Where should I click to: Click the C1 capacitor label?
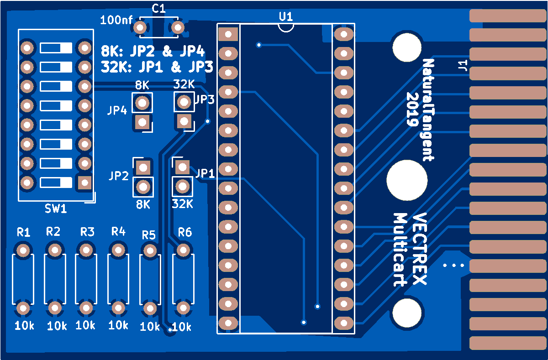(x=158, y=8)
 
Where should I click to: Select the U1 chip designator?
(x=286, y=16)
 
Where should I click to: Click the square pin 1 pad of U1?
(x=228, y=34)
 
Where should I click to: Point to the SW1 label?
(x=56, y=209)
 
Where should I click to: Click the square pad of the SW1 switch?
(x=84, y=183)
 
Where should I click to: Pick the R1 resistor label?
(x=23, y=232)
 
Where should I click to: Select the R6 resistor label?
(x=184, y=233)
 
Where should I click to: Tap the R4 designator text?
(x=118, y=231)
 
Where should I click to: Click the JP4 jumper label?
(x=117, y=110)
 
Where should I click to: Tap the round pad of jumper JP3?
(x=184, y=101)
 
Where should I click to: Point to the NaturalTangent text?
(x=427, y=110)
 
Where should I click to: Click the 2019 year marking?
(x=413, y=110)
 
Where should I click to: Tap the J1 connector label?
(x=462, y=66)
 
